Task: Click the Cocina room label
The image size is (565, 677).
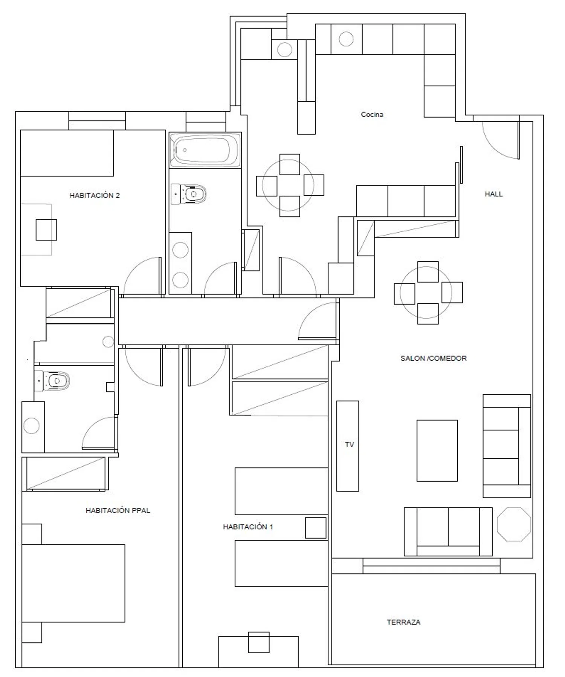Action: click(372, 114)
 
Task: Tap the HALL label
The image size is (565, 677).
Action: click(493, 194)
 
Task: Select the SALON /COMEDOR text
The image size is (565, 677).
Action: click(433, 358)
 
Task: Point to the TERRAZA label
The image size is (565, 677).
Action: click(403, 622)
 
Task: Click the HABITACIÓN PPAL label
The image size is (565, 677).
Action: click(118, 510)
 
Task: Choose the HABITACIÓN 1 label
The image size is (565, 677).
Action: click(248, 527)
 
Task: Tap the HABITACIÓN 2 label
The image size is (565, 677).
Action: click(95, 195)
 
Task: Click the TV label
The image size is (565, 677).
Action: click(349, 444)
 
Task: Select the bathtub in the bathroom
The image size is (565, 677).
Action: click(205, 150)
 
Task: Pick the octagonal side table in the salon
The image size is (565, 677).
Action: click(514, 524)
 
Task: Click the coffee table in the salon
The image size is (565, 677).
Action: click(437, 451)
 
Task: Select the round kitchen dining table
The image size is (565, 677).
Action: click(288, 185)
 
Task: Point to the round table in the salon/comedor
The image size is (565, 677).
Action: click(426, 293)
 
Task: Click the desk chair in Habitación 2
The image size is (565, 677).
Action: click(46, 230)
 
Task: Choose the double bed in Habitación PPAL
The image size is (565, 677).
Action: click(73, 583)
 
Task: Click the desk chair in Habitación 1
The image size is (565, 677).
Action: click(259, 642)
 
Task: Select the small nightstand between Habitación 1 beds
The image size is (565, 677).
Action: click(316, 528)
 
